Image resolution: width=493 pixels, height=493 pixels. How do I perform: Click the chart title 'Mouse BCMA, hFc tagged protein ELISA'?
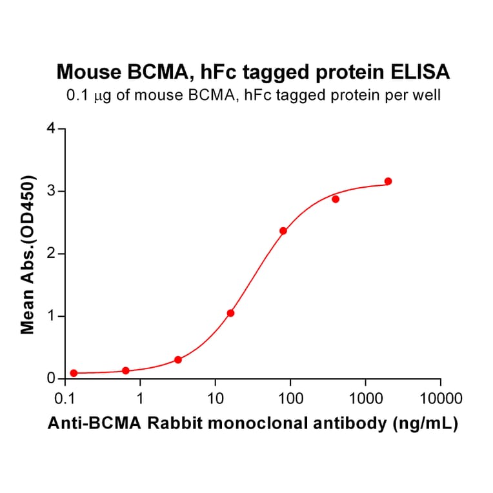click(x=254, y=72)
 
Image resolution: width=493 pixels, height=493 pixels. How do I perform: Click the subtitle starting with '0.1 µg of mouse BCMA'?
click(x=254, y=96)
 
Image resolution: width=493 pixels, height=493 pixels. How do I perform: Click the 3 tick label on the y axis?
click(x=52, y=191)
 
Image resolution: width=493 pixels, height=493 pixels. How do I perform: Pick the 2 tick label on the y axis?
click(x=52, y=254)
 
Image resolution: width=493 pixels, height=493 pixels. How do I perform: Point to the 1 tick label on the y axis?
click(x=52, y=316)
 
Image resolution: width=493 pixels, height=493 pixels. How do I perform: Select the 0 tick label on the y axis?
click(x=52, y=379)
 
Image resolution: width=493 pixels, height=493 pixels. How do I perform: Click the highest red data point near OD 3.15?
click(x=388, y=181)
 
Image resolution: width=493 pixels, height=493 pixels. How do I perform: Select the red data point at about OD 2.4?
click(x=283, y=230)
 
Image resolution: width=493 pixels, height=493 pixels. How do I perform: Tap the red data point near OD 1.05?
click(x=230, y=313)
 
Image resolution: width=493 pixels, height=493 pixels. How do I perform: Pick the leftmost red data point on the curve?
click(x=74, y=373)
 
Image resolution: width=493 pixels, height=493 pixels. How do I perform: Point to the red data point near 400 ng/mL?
click(x=336, y=199)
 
